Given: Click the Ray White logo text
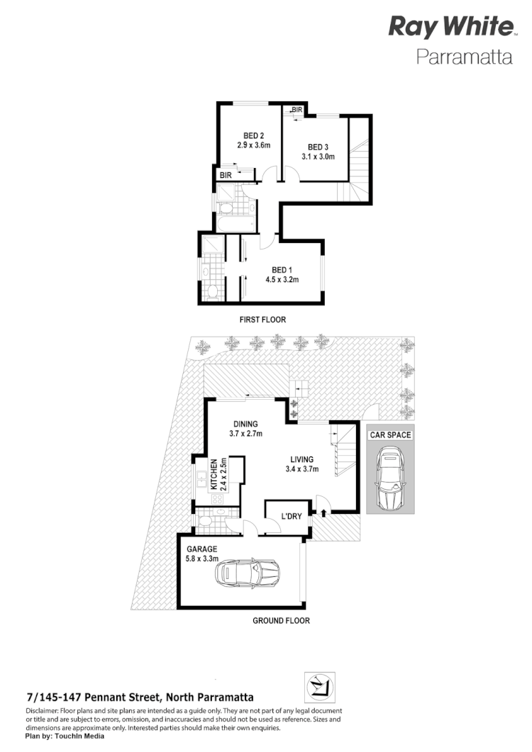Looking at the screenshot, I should (x=450, y=28).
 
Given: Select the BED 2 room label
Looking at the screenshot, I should (x=254, y=136).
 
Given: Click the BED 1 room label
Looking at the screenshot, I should (x=282, y=269).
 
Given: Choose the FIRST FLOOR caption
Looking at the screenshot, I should (x=262, y=320).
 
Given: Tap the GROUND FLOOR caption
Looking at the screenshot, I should (x=282, y=621).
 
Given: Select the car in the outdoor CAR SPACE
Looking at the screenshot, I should (x=389, y=479).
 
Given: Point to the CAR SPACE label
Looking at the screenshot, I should (x=389, y=434).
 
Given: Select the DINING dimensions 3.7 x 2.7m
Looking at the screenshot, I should (x=246, y=434).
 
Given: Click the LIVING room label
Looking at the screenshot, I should (x=302, y=458).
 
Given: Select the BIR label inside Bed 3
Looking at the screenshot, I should (x=297, y=110).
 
